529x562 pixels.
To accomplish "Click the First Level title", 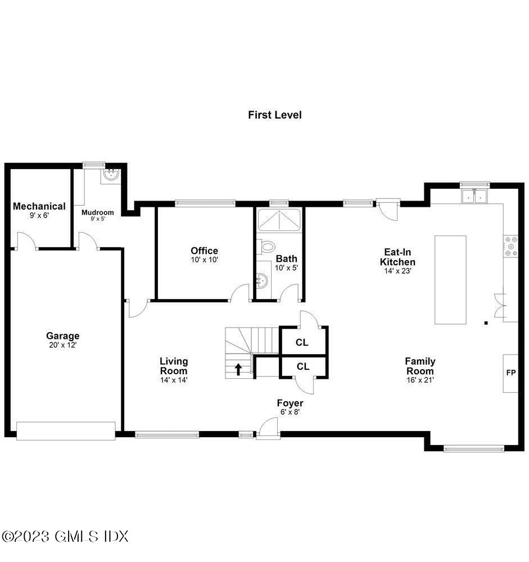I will point(275,115).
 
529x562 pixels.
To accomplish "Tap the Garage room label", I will point(62,336).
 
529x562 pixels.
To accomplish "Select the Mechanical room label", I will point(39,206).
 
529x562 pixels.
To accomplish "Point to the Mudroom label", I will point(98,212).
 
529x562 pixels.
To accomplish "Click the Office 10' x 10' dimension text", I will point(204,260).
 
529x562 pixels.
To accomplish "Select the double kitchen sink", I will point(474,196).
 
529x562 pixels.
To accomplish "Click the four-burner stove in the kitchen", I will point(511,246).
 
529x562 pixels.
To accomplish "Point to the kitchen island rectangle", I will point(450,279).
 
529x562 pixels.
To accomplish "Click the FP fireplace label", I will point(510,373).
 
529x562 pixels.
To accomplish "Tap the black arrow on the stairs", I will point(238,369).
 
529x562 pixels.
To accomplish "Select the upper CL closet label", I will point(302,342).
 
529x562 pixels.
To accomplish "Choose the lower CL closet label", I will point(302,366).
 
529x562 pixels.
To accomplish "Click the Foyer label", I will point(290,403).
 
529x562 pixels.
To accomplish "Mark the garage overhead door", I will point(66,430).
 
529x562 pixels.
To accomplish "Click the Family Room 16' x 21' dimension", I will point(420,380).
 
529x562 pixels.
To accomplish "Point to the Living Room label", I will point(174,366).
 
